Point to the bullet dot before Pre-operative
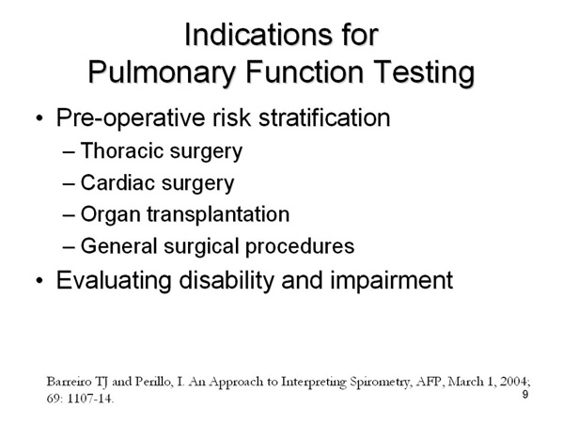tap(39, 118)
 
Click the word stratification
tap(324, 117)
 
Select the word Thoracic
tap(121, 150)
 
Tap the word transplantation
tap(218, 214)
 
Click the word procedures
tap(300, 246)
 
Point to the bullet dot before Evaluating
tap(39, 280)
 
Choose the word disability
tap(227, 280)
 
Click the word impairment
tap(391, 280)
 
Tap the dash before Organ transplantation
tap(69, 215)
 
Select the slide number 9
tap(525, 395)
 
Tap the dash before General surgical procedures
tap(69, 247)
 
